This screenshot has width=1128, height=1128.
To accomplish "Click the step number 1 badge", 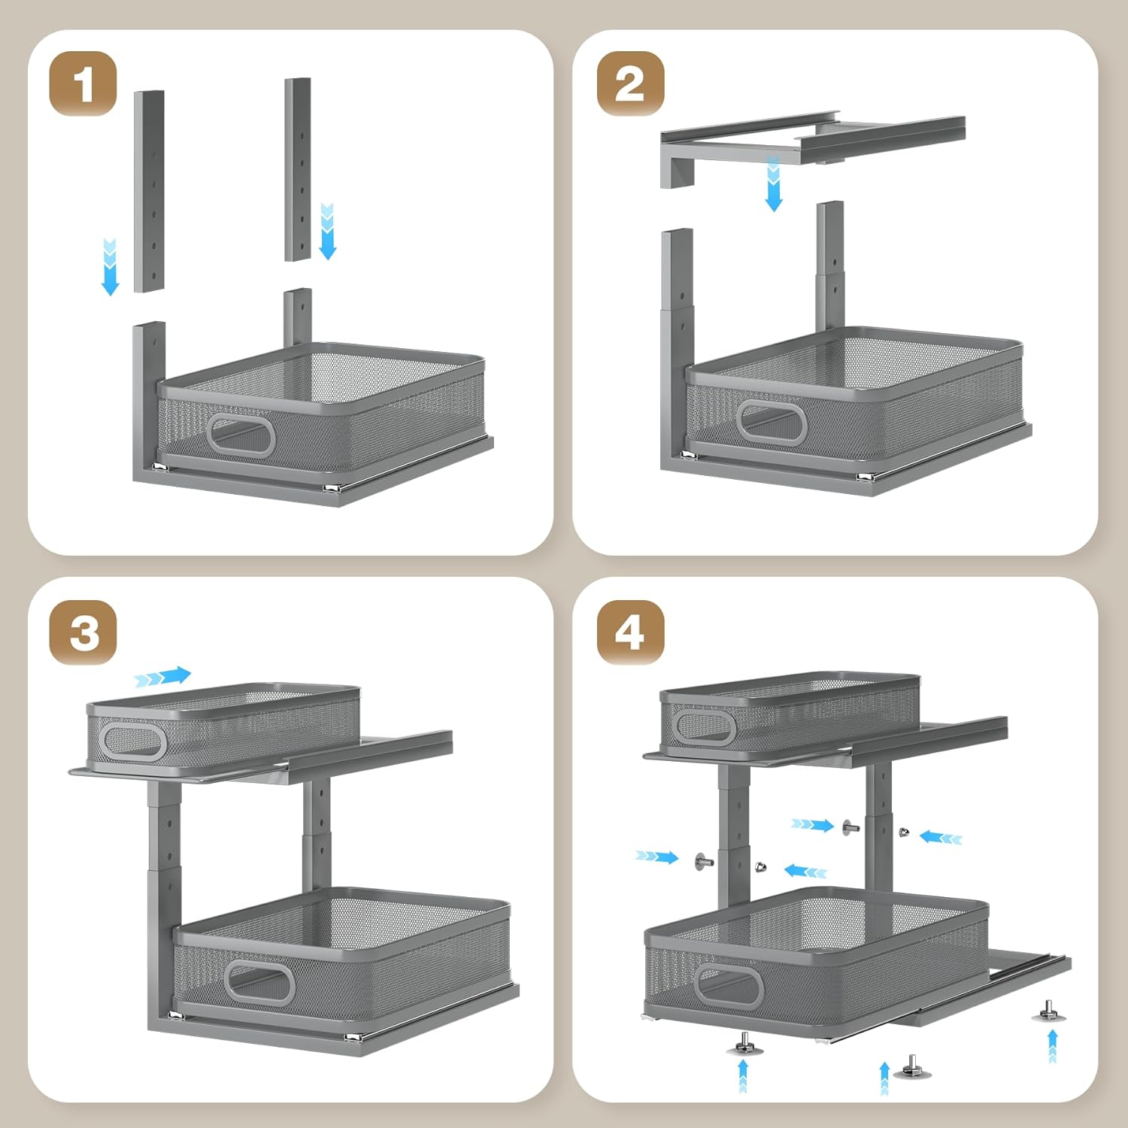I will tap(83, 83).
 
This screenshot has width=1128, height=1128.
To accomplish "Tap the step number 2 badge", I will tap(630, 83).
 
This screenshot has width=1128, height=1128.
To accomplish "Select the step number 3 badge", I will tap(83, 632).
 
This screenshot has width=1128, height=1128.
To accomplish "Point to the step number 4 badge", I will tap(630, 632).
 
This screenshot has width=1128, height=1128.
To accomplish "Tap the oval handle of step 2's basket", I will tap(772, 423).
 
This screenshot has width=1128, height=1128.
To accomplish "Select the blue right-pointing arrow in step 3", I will tap(163, 677).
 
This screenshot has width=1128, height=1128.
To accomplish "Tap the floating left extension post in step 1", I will tap(149, 192).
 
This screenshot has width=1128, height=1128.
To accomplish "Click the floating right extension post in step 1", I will tap(298, 169).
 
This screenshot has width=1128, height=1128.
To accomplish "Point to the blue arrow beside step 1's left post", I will tap(110, 266).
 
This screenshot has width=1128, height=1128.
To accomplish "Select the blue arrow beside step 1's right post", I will tap(327, 230).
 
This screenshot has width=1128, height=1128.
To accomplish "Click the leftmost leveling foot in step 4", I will tap(744, 1044).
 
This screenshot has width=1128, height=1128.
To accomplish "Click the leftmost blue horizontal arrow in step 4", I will tap(656, 857).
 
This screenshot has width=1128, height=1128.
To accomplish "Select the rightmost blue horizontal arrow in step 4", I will tap(941, 837).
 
